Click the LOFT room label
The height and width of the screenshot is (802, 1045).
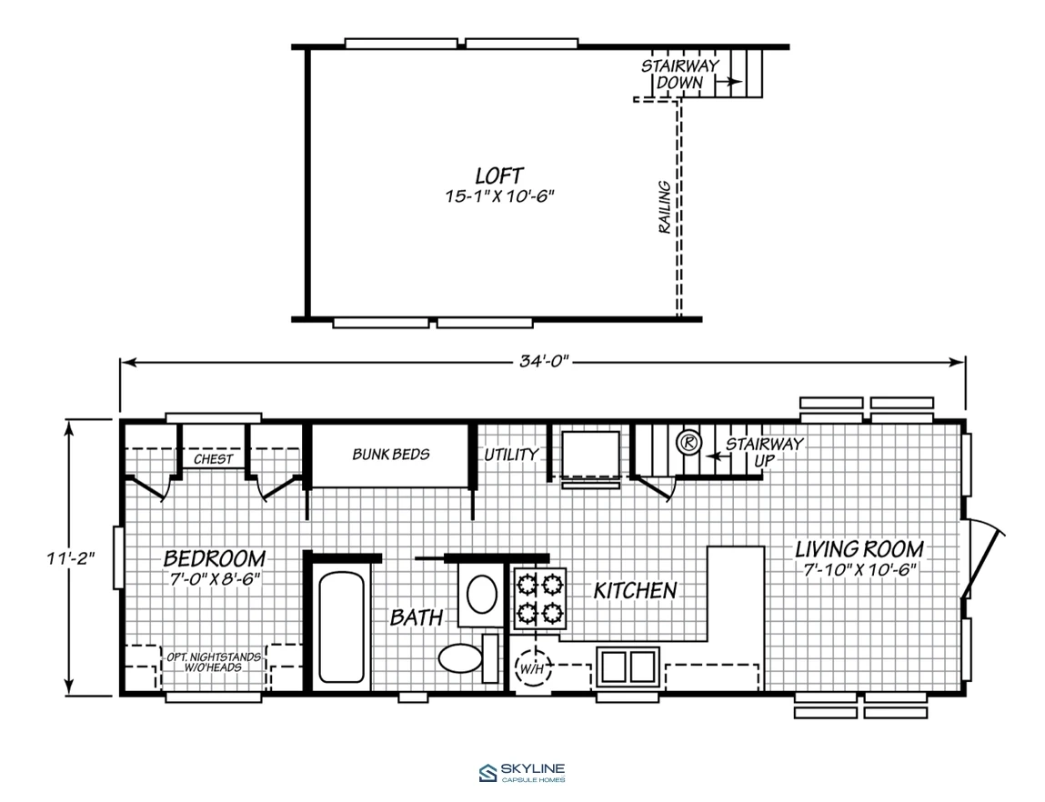coord(499,175)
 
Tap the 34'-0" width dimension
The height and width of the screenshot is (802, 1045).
coord(544,361)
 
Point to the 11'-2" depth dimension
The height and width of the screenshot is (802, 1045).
coord(71,557)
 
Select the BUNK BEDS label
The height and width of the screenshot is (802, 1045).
coord(391,455)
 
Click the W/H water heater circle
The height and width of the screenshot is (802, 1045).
coord(531,667)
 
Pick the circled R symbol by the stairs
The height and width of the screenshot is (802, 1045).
coord(689,442)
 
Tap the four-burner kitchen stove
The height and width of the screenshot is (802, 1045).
coord(539,598)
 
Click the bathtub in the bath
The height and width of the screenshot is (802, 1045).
coord(341,627)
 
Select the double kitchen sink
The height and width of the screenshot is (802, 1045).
coord(628,667)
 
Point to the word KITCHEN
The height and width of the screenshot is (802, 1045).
coord(635,590)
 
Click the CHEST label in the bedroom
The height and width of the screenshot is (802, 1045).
coord(213,459)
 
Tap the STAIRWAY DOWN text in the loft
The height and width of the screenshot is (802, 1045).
coord(679,74)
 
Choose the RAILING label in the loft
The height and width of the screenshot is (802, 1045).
coord(665,207)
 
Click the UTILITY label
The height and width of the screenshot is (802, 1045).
coord(511,455)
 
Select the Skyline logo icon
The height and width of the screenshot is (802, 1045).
coord(487,773)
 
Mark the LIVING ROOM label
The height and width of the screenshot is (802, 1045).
coord(859,549)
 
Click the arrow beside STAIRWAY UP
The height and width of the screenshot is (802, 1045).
coord(716,457)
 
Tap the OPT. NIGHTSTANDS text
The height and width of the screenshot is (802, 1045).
coord(213,657)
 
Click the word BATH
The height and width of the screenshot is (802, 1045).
coord(417,617)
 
